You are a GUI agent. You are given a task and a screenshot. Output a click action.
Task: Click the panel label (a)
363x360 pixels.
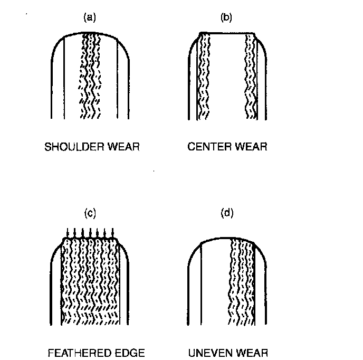[91, 18]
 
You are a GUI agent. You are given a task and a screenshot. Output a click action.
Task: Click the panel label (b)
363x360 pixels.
[226, 18]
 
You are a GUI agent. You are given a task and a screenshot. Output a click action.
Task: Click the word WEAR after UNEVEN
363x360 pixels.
[252, 352]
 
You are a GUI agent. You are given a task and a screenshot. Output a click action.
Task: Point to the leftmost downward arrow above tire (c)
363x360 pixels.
[69, 233]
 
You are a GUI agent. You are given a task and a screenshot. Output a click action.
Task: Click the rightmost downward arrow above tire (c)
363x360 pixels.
[113, 233]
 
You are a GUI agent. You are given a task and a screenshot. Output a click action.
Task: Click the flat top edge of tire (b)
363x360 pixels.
[227, 33]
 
